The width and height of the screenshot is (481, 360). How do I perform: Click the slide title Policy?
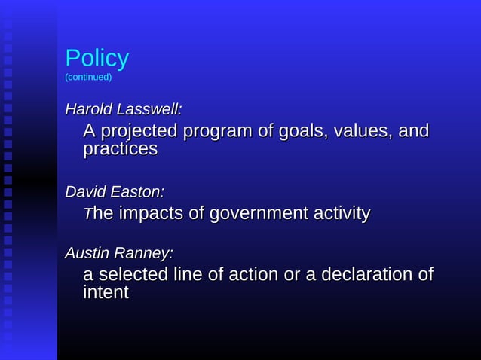coord(97,59)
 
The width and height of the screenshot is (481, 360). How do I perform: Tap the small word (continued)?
coord(88,77)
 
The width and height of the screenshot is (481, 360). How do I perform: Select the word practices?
coord(120,149)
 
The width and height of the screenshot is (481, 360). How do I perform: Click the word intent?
coord(106,292)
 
